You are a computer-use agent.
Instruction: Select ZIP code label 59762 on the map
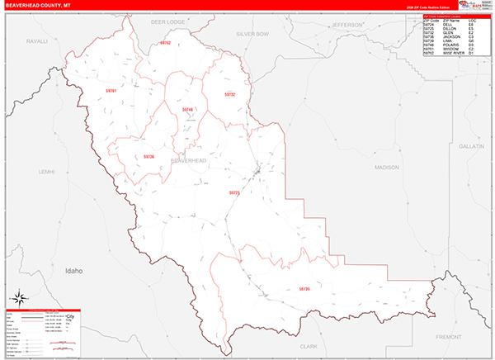[x=165, y=42]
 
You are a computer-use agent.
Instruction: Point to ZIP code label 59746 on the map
[x=187, y=109]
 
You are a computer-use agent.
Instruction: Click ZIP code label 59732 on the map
[x=230, y=95]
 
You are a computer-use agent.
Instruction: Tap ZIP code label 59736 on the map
[x=148, y=156]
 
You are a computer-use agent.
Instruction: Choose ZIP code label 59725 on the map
[x=233, y=193]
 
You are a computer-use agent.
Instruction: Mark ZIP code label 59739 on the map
[x=304, y=289]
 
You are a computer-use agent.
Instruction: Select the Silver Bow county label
[x=252, y=34]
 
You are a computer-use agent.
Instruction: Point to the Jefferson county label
[x=347, y=25]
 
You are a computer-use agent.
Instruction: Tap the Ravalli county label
[x=38, y=40]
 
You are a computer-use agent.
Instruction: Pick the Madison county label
[x=386, y=168]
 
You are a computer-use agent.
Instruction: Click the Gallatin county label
[x=471, y=145]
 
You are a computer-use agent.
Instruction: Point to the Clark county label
[x=309, y=347]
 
